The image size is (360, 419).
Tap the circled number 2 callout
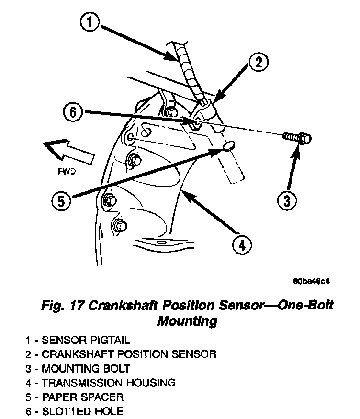258,62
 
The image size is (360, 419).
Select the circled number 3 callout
286,201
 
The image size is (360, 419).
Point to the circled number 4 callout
242,245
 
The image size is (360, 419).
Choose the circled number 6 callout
73,113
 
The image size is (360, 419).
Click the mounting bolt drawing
297,138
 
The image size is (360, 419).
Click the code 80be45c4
311,281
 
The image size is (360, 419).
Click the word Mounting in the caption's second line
187,321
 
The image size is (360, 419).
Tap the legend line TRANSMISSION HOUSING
101,383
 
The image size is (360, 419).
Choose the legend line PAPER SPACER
75,397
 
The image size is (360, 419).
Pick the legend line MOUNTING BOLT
78,369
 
